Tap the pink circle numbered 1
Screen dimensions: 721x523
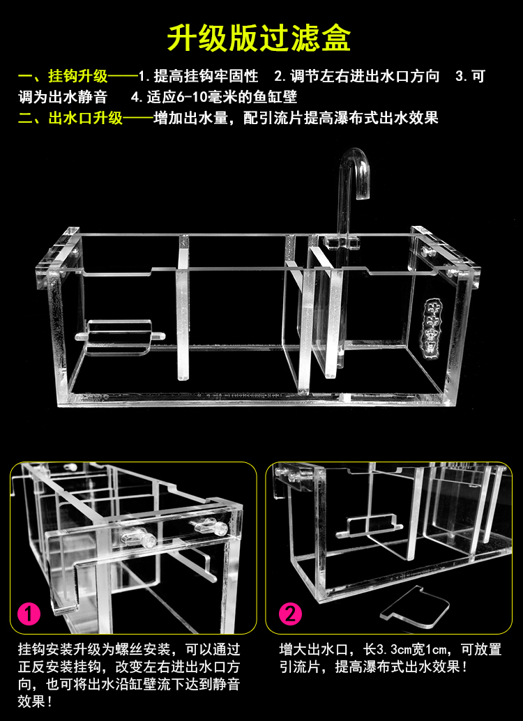pos(29,614)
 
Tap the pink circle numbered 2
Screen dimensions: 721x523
pos(291,614)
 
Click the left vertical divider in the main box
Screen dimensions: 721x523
pos(183,307)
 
